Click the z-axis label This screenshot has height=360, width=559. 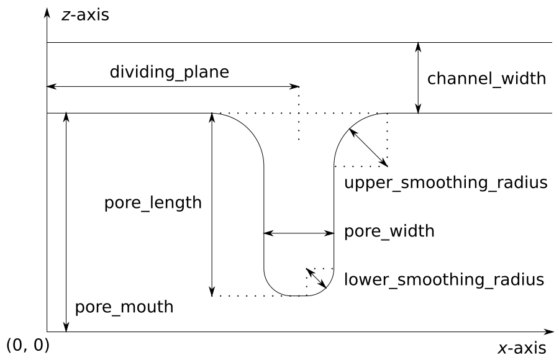(x=84, y=15)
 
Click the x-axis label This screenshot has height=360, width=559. (x=522, y=348)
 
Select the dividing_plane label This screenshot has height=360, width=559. (x=169, y=72)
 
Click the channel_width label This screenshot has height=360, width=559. (x=487, y=79)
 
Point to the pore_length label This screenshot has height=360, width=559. (x=153, y=203)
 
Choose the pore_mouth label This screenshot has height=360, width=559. (x=124, y=307)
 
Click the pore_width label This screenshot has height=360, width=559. (x=389, y=232)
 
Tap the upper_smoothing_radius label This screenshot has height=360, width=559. (x=445, y=183)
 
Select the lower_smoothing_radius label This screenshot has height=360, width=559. (x=444, y=279)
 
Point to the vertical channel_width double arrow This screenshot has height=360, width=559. (x=419, y=78)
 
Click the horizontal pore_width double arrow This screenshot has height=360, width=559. (x=299, y=233)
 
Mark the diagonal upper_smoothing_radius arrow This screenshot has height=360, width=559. (x=368, y=147)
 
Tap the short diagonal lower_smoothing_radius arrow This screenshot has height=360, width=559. (x=316, y=278)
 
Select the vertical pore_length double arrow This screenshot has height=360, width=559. (x=212, y=204)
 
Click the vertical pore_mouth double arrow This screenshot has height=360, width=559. (x=65, y=222)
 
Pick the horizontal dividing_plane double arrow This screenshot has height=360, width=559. (x=173, y=86)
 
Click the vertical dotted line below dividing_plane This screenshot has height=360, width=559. (x=299, y=114)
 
